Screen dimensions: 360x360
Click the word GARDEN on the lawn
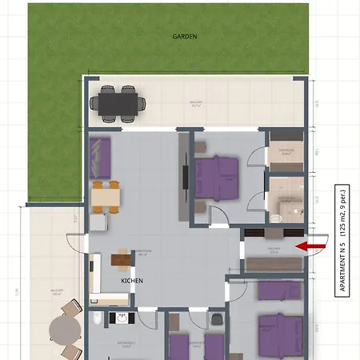tap(185, 37)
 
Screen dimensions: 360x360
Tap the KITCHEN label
tap(132, 282)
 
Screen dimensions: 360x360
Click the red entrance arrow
tap(310, 246)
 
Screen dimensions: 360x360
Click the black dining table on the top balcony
tap(116, 102)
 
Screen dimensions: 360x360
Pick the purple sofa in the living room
tap(100, 158)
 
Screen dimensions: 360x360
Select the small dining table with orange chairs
tap(106, 196)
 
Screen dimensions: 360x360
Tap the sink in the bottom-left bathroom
tap(122, 318)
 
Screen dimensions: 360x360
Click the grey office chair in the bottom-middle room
tap(217, 320)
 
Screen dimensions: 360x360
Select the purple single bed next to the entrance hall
tap(280, 289)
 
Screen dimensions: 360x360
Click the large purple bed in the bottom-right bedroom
tap(279, 333)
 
